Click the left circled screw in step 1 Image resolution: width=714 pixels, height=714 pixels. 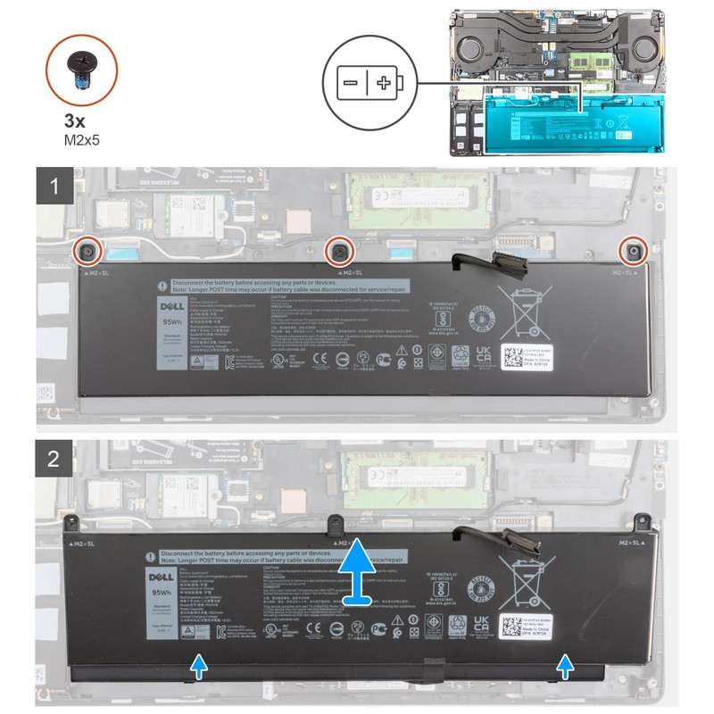click(x=87, y=250)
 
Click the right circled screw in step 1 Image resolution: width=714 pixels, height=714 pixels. click(x=633, y=250)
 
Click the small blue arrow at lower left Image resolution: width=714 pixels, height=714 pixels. click(x=200, y=666)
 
